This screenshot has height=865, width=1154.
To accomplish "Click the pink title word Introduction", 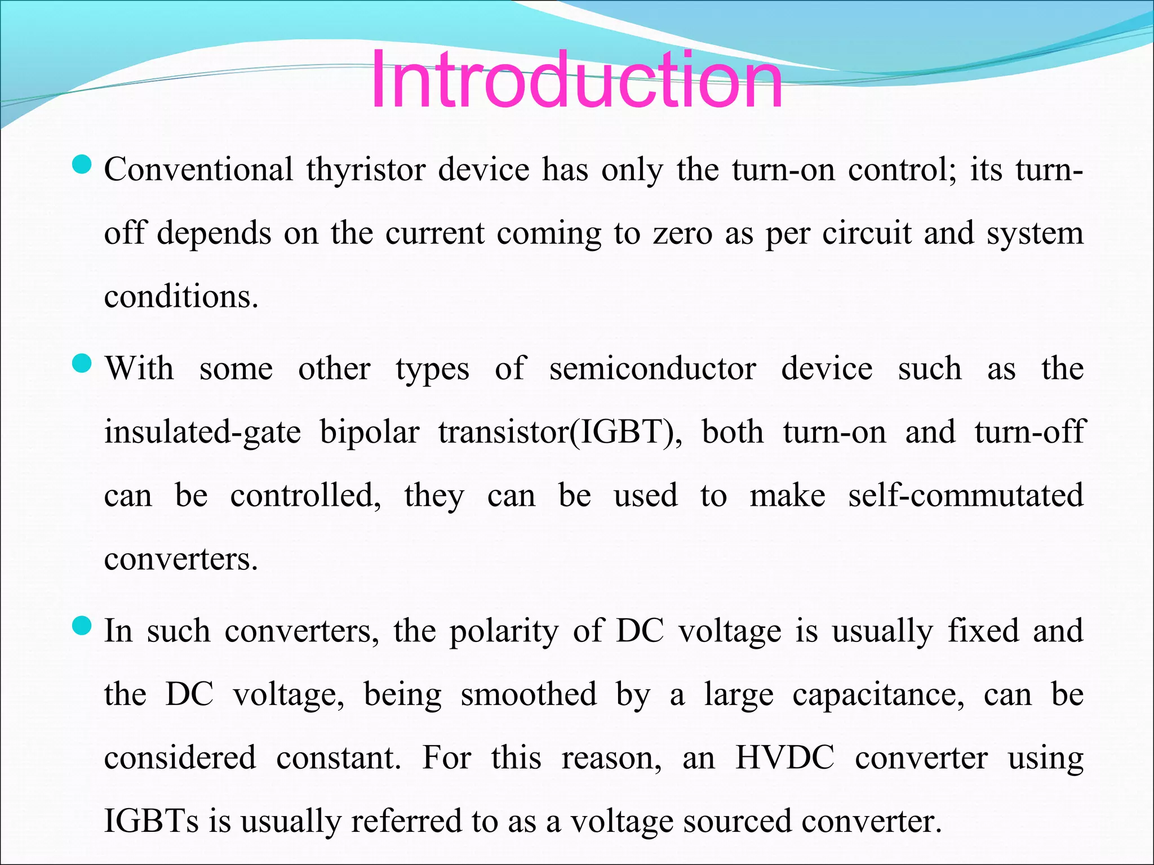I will click(576, 80).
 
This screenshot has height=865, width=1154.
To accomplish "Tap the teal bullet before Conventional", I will click(82, 165).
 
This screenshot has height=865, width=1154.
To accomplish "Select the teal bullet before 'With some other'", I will click(82, 364).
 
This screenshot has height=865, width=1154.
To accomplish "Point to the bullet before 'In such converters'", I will click(82, 626).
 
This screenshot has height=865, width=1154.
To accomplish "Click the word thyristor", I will click(366, 170).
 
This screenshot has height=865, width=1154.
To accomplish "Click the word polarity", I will click(503, 631).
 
